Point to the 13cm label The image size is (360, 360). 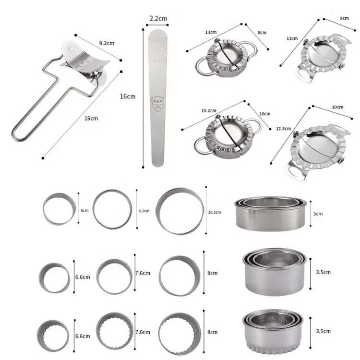point(209,33)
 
